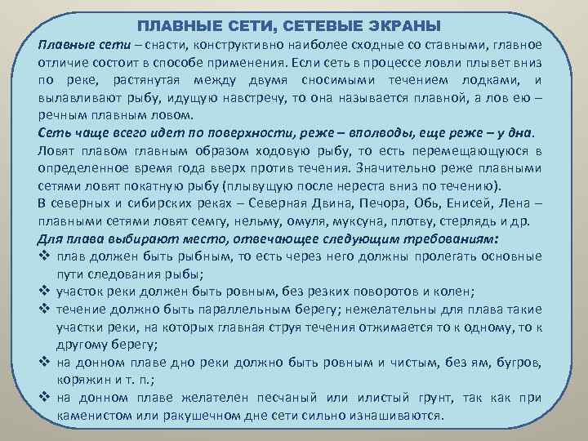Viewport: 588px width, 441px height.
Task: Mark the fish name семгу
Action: (x=224, y=222)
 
